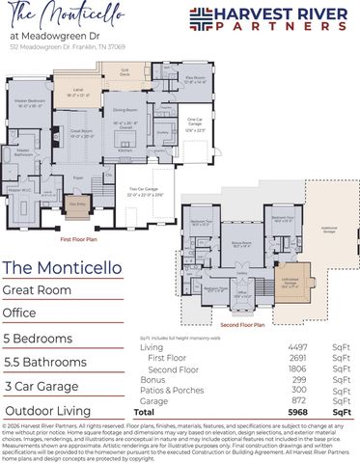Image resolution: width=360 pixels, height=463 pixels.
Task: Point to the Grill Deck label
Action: (x=125, y=71)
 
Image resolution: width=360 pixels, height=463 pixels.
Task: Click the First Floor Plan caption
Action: (x=80, y=237)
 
